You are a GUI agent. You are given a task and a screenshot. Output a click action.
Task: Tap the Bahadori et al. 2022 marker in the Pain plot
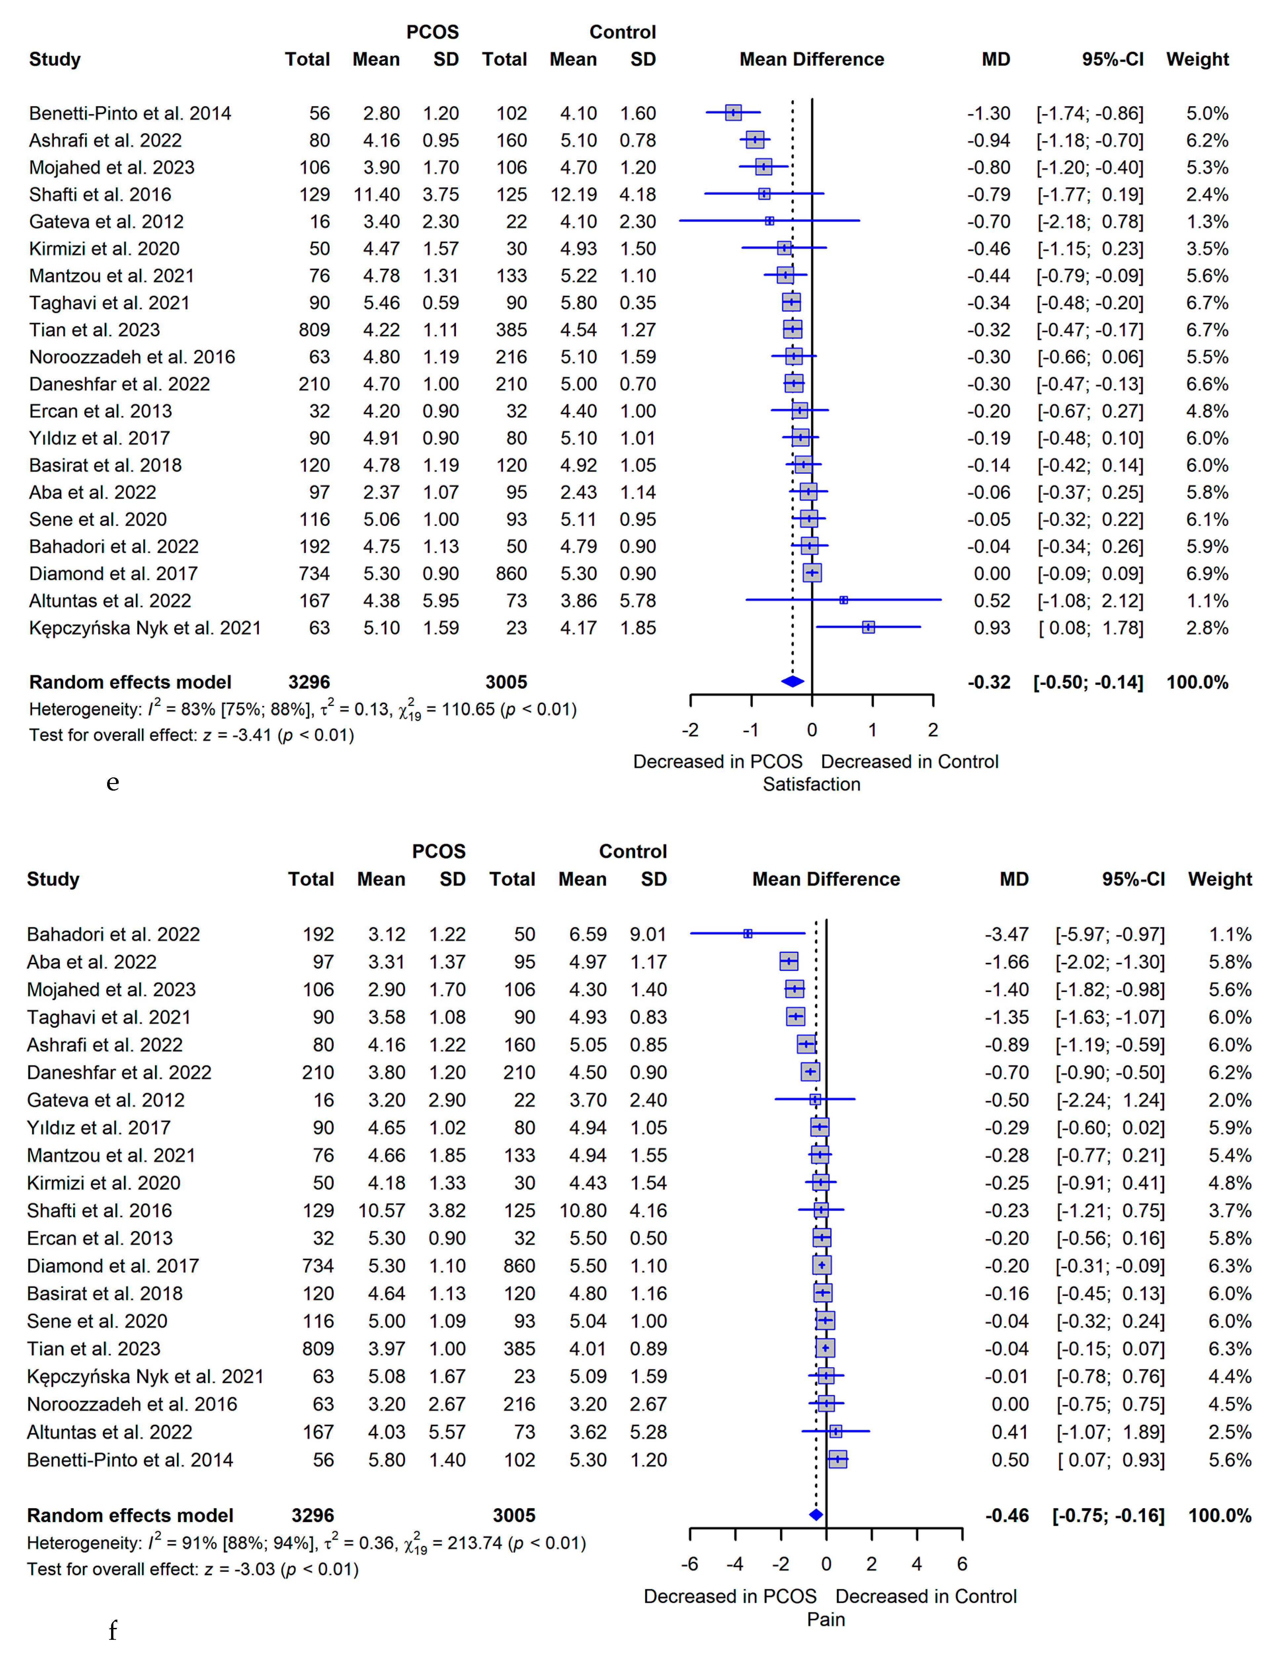coord(747,933)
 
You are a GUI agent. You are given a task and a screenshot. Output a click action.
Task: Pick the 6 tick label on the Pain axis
coord(962,1563)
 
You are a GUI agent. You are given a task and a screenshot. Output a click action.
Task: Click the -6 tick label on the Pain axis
coord(690,1563)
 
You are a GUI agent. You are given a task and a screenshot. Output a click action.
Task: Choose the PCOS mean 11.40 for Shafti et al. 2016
coord(377,194)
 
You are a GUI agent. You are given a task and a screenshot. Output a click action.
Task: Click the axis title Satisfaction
coord(811,784)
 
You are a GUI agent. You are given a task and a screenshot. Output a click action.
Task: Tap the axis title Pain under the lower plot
coord(825,1619)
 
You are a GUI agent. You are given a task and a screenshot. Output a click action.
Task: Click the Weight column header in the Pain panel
coord(1220,879)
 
